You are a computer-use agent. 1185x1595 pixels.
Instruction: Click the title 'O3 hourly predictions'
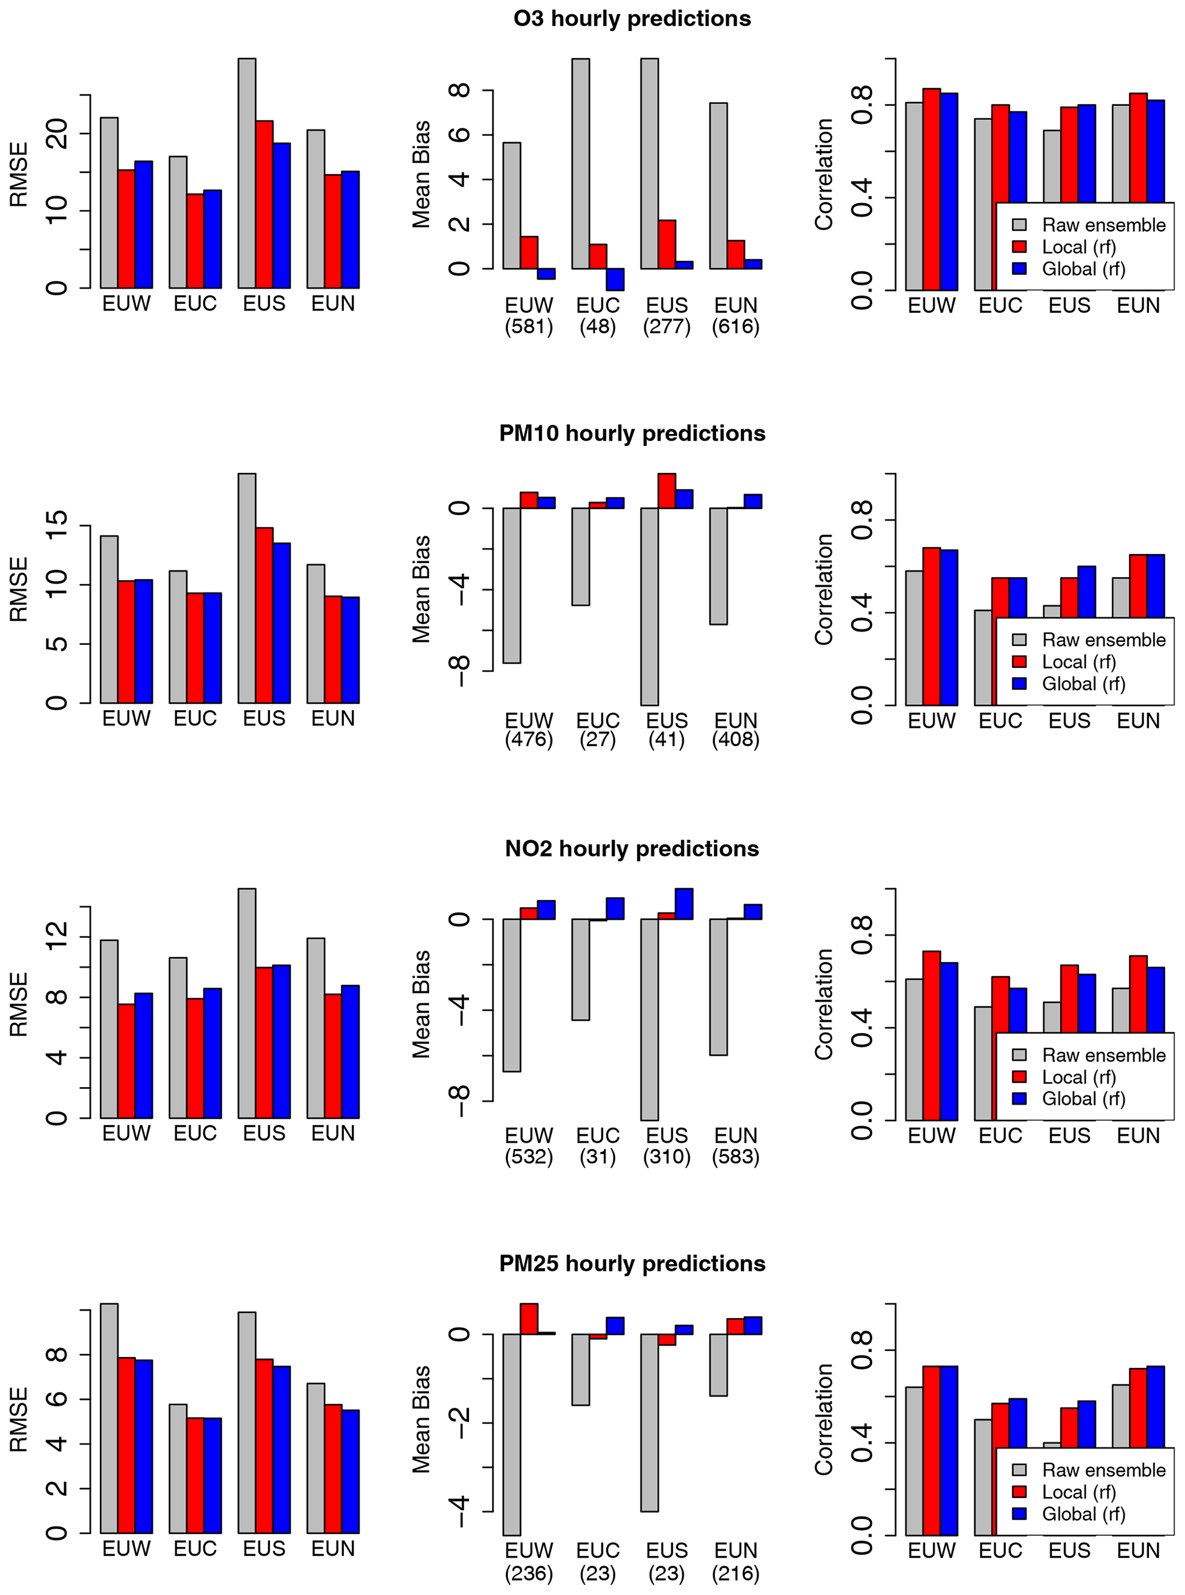pyautogui.click(x=632, y=19)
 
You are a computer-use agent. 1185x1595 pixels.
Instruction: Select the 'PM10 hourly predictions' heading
pyautogui.click(x=632, y=433)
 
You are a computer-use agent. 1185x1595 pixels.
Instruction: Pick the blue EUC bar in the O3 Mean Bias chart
pyautogui.click(x=615, y=279)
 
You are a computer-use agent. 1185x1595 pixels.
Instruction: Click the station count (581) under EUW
pyautogui.click(x=529, y=327)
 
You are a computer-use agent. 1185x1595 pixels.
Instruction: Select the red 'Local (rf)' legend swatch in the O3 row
pyautogui.click(x=1019, y=246)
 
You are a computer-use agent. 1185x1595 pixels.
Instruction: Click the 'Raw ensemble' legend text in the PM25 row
pyautogui.click(x=1103, y=1469)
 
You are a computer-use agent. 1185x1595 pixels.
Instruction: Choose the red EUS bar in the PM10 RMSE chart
pyautogui.click(x=264, y=614)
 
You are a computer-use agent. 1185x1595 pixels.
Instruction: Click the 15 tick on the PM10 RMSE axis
pyautogui.click(x=57, y=526)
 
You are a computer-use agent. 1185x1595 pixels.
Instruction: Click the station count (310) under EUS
pyautogui.click(x=666, y=1156)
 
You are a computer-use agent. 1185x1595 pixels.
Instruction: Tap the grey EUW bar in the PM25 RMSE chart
pyautogui.click(x=109, y=1418)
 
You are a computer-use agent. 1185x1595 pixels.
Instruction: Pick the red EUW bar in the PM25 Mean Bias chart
pyautogui.click(x=529, y=1319)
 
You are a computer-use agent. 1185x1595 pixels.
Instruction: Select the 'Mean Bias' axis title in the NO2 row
pyautogui.click(x=421, y=1004)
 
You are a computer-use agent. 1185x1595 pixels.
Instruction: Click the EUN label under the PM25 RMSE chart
pyautogui.click(x=333, y=1549)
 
